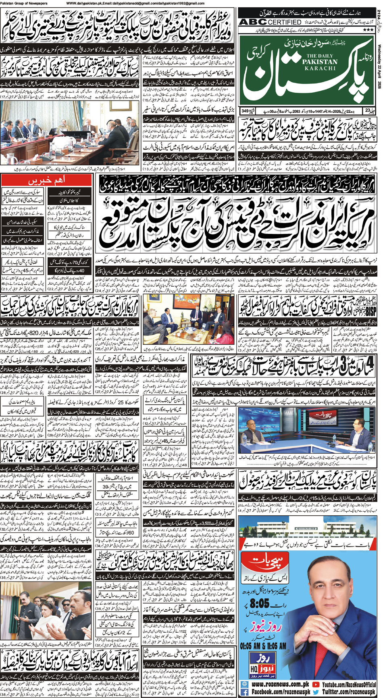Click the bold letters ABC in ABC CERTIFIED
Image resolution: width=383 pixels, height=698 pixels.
tap(252, 22)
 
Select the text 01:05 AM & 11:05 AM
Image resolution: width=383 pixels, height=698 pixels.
tap(263, 646)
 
